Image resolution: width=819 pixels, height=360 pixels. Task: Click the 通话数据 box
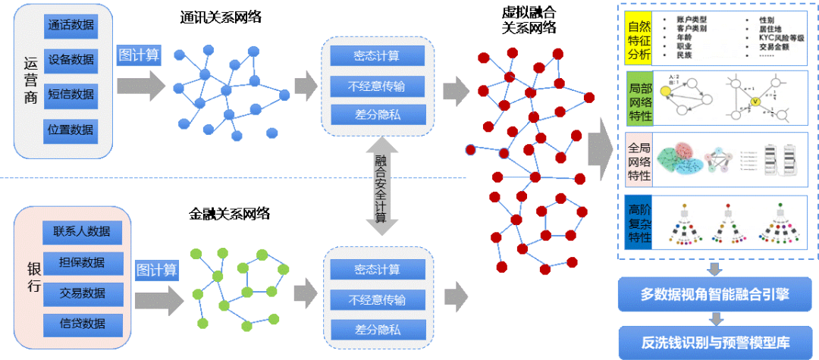(x=71, y=24)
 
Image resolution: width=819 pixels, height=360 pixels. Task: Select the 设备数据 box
(x=71, y=59)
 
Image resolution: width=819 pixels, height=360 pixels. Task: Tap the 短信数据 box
(x=71, y=94)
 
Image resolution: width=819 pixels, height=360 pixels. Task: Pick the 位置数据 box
(x=71, y=130)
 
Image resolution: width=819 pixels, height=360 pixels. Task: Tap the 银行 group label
(x=33, y=277)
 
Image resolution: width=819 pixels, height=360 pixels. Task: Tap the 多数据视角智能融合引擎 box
(x=714, y=294)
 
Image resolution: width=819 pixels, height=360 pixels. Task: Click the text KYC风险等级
(x=782, y=36)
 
